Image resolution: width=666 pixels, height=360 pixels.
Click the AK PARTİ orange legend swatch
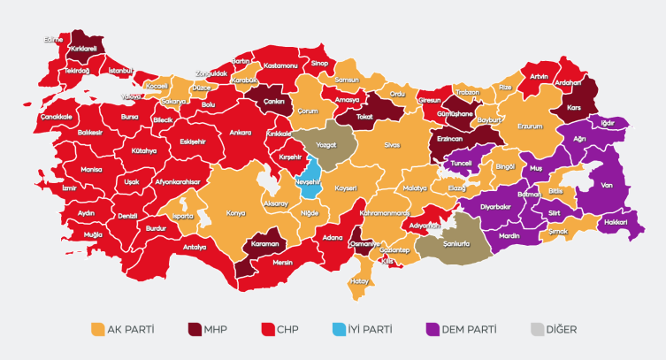click(97, 330)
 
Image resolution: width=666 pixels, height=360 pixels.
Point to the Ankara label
click(241, 133)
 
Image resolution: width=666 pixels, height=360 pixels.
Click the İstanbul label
click(119, 70)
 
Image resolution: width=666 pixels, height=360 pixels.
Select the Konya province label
click(236, 212)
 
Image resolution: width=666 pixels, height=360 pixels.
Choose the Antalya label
click(195, 247)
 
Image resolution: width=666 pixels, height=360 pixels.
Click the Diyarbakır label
click(495, 207)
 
